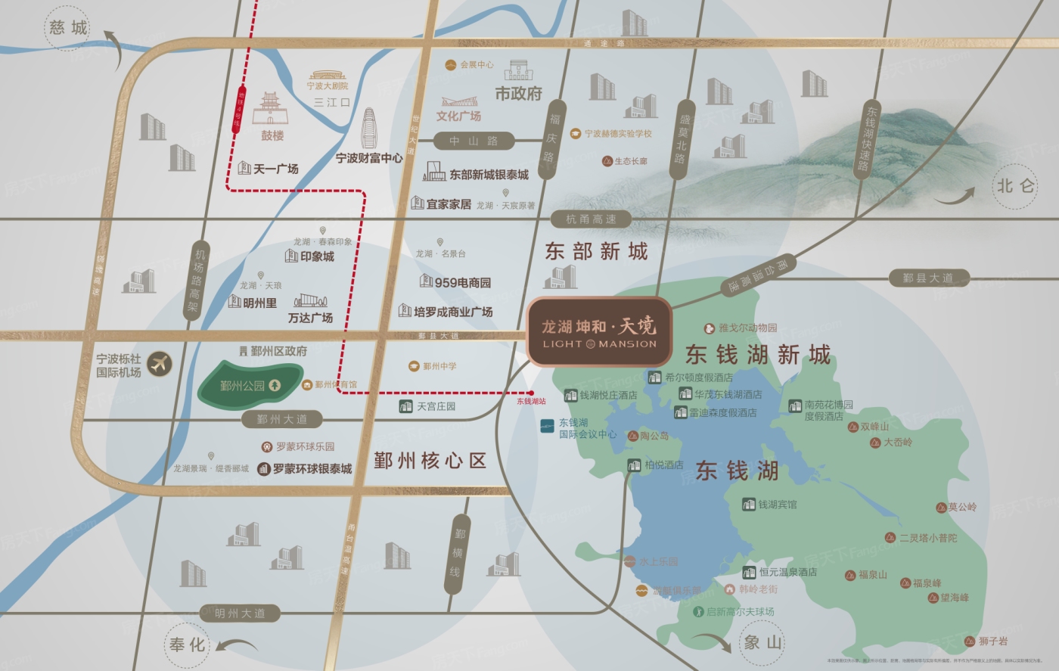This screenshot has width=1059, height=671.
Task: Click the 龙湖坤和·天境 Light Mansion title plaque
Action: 599,332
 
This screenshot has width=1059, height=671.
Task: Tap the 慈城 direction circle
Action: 68,29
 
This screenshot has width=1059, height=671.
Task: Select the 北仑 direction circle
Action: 1015,186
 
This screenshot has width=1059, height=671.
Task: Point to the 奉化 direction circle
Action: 187,645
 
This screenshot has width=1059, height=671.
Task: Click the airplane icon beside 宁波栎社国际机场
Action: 160,365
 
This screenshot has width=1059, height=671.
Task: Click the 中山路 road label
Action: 474,141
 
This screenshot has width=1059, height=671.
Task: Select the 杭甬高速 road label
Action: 591,219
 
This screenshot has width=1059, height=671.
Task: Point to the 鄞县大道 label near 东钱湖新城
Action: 927,278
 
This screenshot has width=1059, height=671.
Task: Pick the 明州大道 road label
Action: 240,614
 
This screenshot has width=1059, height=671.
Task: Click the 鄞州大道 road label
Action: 281,419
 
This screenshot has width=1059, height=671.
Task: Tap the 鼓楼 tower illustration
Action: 271,110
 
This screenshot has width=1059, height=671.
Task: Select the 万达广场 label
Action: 310,318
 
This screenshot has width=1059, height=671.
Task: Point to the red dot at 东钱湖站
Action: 531,393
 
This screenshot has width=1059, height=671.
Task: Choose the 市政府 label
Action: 519,94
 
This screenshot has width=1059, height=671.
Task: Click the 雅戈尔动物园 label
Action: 747,328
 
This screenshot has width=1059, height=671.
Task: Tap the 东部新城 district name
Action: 596,252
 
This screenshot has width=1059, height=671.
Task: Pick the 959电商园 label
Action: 462,282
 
